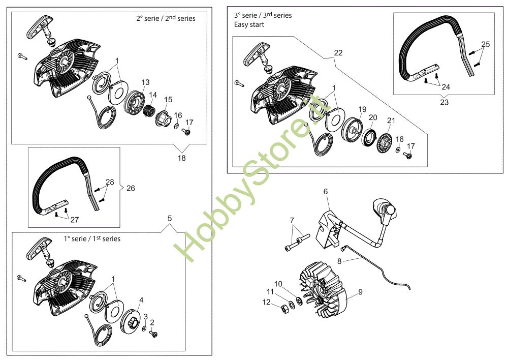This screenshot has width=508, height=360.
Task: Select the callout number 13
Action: [x=145, y=82]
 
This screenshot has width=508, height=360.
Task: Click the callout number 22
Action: [x=338, y=53]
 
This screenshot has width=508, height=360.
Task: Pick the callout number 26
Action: [x=131, y=188]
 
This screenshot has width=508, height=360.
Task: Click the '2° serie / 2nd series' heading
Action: [x=166, y=18]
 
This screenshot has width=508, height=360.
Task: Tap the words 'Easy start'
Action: [x=249, y=24]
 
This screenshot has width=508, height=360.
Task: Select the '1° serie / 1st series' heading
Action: [x=92, y=238]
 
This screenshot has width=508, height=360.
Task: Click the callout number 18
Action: [x=181, y=158]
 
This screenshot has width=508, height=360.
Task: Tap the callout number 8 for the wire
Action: [x=339, y=261]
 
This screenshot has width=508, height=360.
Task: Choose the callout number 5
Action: [x=170, y=218]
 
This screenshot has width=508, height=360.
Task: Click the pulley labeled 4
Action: [x=132, y=322]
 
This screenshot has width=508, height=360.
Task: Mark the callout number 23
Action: [x=444, y=102]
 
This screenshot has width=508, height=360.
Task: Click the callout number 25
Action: [x=485, y=44]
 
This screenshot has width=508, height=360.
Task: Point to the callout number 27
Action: [x=75, y=220]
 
